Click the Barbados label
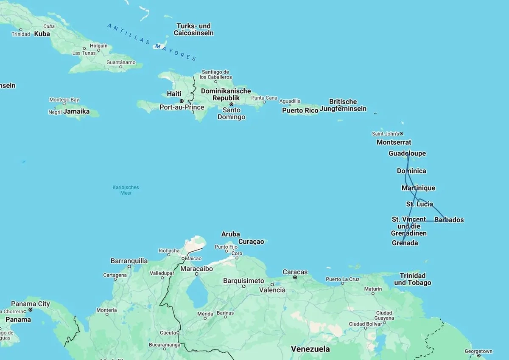[x=449, y=220]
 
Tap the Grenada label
[x=405, y=243]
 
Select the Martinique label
[x=418, y=188]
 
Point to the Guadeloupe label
[x=407, y=153]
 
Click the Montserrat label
[x=394, y=142]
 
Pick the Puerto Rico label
[x=300, y=110]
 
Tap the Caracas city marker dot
[x=295, y=277]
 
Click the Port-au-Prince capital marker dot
[x=182, y=101]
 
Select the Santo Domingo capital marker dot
[x=232, y=104]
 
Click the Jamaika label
[x=76, y=111]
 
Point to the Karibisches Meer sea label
[x=126, y=190]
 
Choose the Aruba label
[x=230, y=234]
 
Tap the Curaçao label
[x=251, y=242]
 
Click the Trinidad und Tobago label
[x=412, y=279]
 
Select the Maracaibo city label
[x=196, y=269]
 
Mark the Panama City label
[x=30, y=304]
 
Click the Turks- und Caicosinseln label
[x=193, y=29]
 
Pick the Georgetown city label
[x=478, y=351]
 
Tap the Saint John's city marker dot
[x=401, y=134]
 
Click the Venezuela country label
[x=310, y=349]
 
